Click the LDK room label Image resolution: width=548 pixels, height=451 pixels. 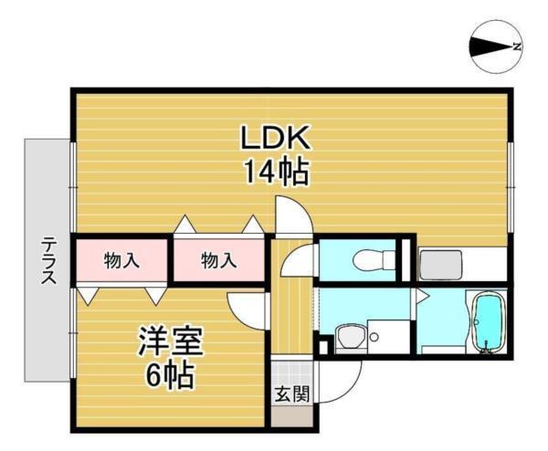[x=276, y=139]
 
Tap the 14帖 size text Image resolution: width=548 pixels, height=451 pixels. [x=275, y=171]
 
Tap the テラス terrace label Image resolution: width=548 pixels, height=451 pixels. [x=47, y=260]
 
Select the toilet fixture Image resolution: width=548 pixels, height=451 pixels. [x=370, y=260]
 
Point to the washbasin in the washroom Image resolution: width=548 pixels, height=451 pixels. [x=348, y=339]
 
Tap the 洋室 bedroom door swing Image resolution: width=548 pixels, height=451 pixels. [x=246, y=309]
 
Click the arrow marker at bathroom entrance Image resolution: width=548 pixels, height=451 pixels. [x=421, y=294]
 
